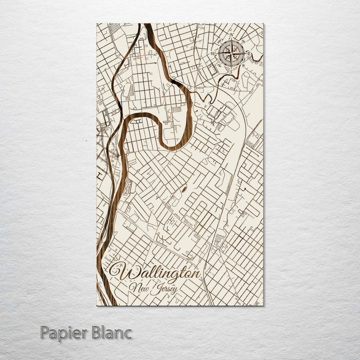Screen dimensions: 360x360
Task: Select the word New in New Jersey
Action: click(x=137, y=287)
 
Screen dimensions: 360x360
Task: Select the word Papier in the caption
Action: click(x=63, y=332)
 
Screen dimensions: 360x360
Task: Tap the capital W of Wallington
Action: click(x=120, y=273)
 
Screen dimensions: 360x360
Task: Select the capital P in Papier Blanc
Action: click(x=44, y=332)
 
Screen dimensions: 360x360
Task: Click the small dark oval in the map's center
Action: click(x=183, y=189)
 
